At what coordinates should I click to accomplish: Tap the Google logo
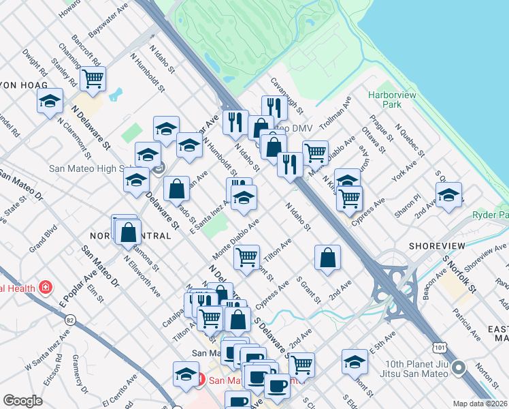pyautogui.click(x=22, y=401)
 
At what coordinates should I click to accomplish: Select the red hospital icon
pyautogui.click(x=46, y=287)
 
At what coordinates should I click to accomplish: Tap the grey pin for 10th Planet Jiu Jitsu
pyautogui.click(x=459, y=369)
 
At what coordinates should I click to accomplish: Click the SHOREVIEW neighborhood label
pyautogui.click(x=437, y=245)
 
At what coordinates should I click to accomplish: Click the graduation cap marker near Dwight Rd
pyautogui.click(x=49, y=102)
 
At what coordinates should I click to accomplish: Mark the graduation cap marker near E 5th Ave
pyautogui.click(x=355, y=362)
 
